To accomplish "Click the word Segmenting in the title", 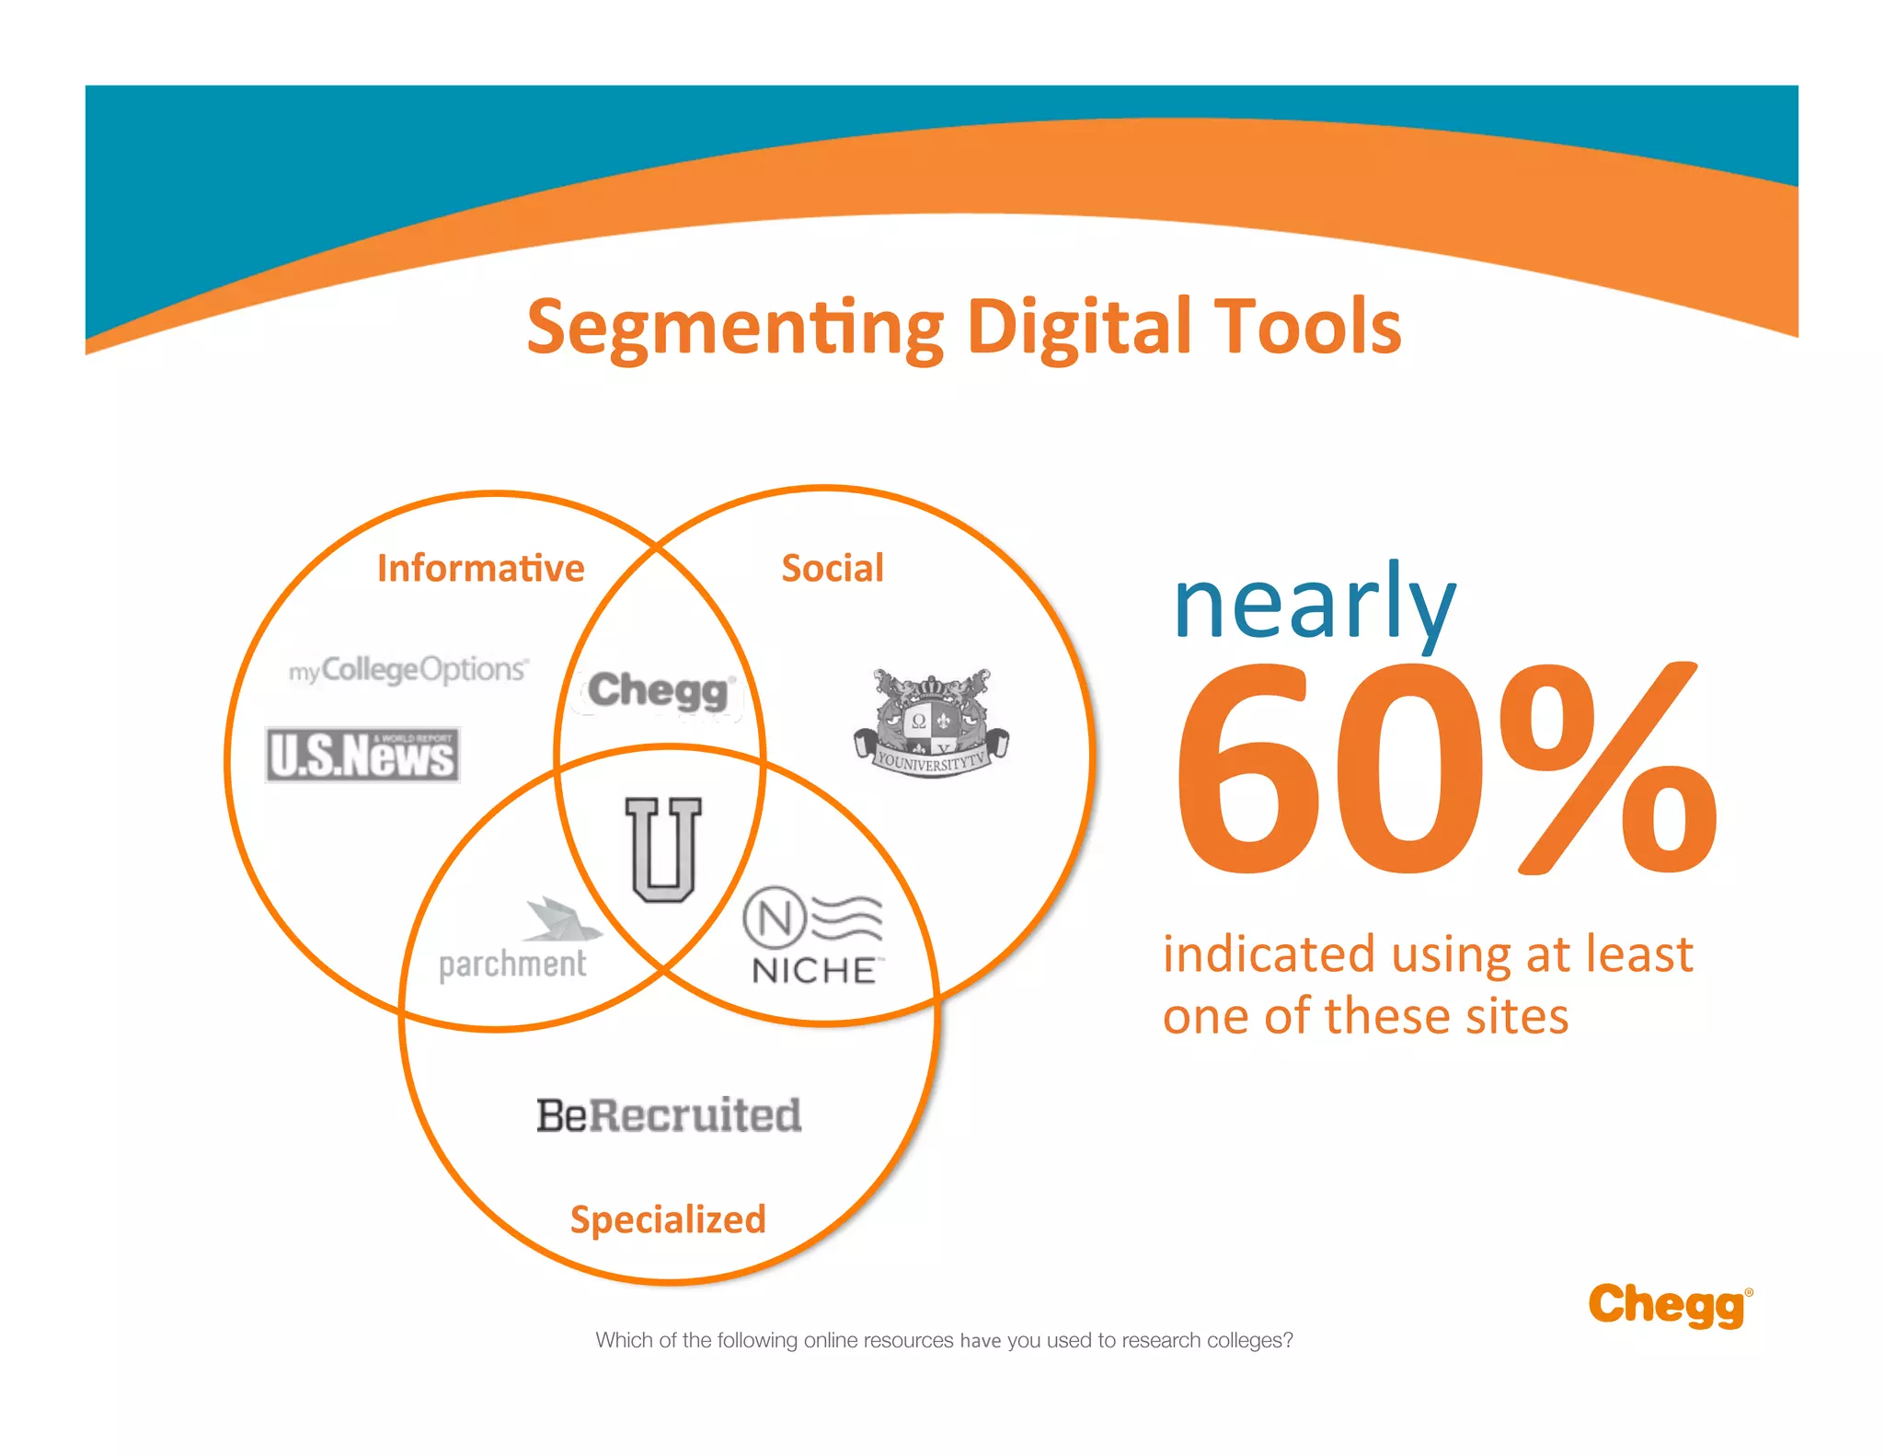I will (x=734, y=329).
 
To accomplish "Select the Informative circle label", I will (x=480, y=568).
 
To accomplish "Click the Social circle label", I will (x=832, y=568).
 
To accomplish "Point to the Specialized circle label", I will (x=668, y=1219).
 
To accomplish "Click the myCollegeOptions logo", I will (x=408, y=670).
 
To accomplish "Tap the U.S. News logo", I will (x=362, y=756).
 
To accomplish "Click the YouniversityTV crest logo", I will (x=931, y=723).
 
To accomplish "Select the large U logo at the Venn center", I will (x=662, y=849).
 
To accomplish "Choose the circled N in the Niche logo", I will (x=774, y=918).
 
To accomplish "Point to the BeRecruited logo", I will (x=669, y=1115).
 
